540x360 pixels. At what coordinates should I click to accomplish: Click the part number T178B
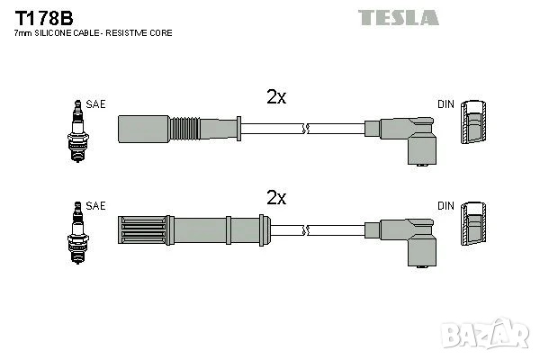[x=44, y=18]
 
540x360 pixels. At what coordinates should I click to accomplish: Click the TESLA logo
[x=399, y=18]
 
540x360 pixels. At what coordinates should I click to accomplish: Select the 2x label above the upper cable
[x=276, y=97]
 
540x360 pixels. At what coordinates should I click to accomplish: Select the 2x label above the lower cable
[x=276, y=197]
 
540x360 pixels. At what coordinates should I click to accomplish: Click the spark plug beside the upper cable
[x=77, y=130]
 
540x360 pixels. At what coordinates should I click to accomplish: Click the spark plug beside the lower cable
[x=77, y=232]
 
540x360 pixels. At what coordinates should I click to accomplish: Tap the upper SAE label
[x=95, y=104]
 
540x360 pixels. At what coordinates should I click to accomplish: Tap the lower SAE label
[x=95, y=206]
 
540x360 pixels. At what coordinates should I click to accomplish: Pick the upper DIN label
[x=445, y=104]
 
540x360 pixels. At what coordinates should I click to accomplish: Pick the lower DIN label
[x=445, y=206]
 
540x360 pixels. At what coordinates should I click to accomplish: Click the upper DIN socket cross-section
[x=473, y=122]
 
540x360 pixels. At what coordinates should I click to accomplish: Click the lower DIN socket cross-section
[x=473, y=223]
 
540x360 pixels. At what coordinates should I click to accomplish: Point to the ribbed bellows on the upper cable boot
[x=184, y=129]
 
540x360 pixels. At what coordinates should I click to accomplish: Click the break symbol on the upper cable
[x=306, y=129]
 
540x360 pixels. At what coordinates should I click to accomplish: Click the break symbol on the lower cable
[x=306, y=230]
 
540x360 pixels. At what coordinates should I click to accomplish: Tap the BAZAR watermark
[x=486, y=333]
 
